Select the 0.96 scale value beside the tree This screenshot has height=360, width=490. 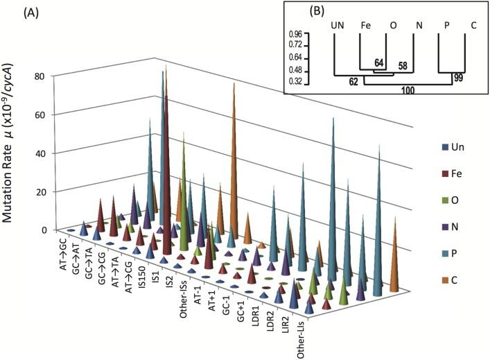[297, 33]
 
